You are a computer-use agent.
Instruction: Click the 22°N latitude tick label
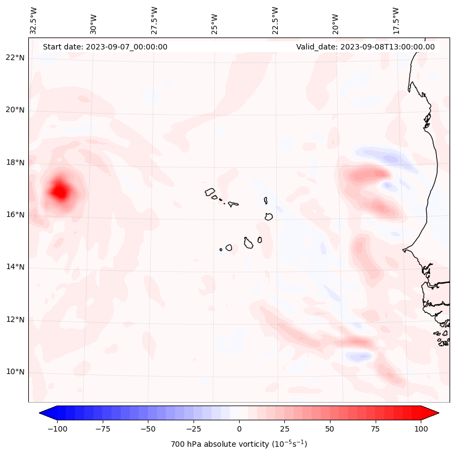(15, 58)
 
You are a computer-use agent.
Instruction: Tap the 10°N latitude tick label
(15, 372)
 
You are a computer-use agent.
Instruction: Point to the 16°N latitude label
(15, 215)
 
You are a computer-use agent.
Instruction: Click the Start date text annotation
(105, 47)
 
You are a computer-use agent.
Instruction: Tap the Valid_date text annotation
(365, 47)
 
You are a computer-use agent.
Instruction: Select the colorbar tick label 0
(239, 429)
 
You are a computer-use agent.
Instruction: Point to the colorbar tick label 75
(376, 429)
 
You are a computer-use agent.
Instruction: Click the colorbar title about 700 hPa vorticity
(239, 444)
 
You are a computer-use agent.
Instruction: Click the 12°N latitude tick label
(15, 320)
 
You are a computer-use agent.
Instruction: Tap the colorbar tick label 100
(421, 429)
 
